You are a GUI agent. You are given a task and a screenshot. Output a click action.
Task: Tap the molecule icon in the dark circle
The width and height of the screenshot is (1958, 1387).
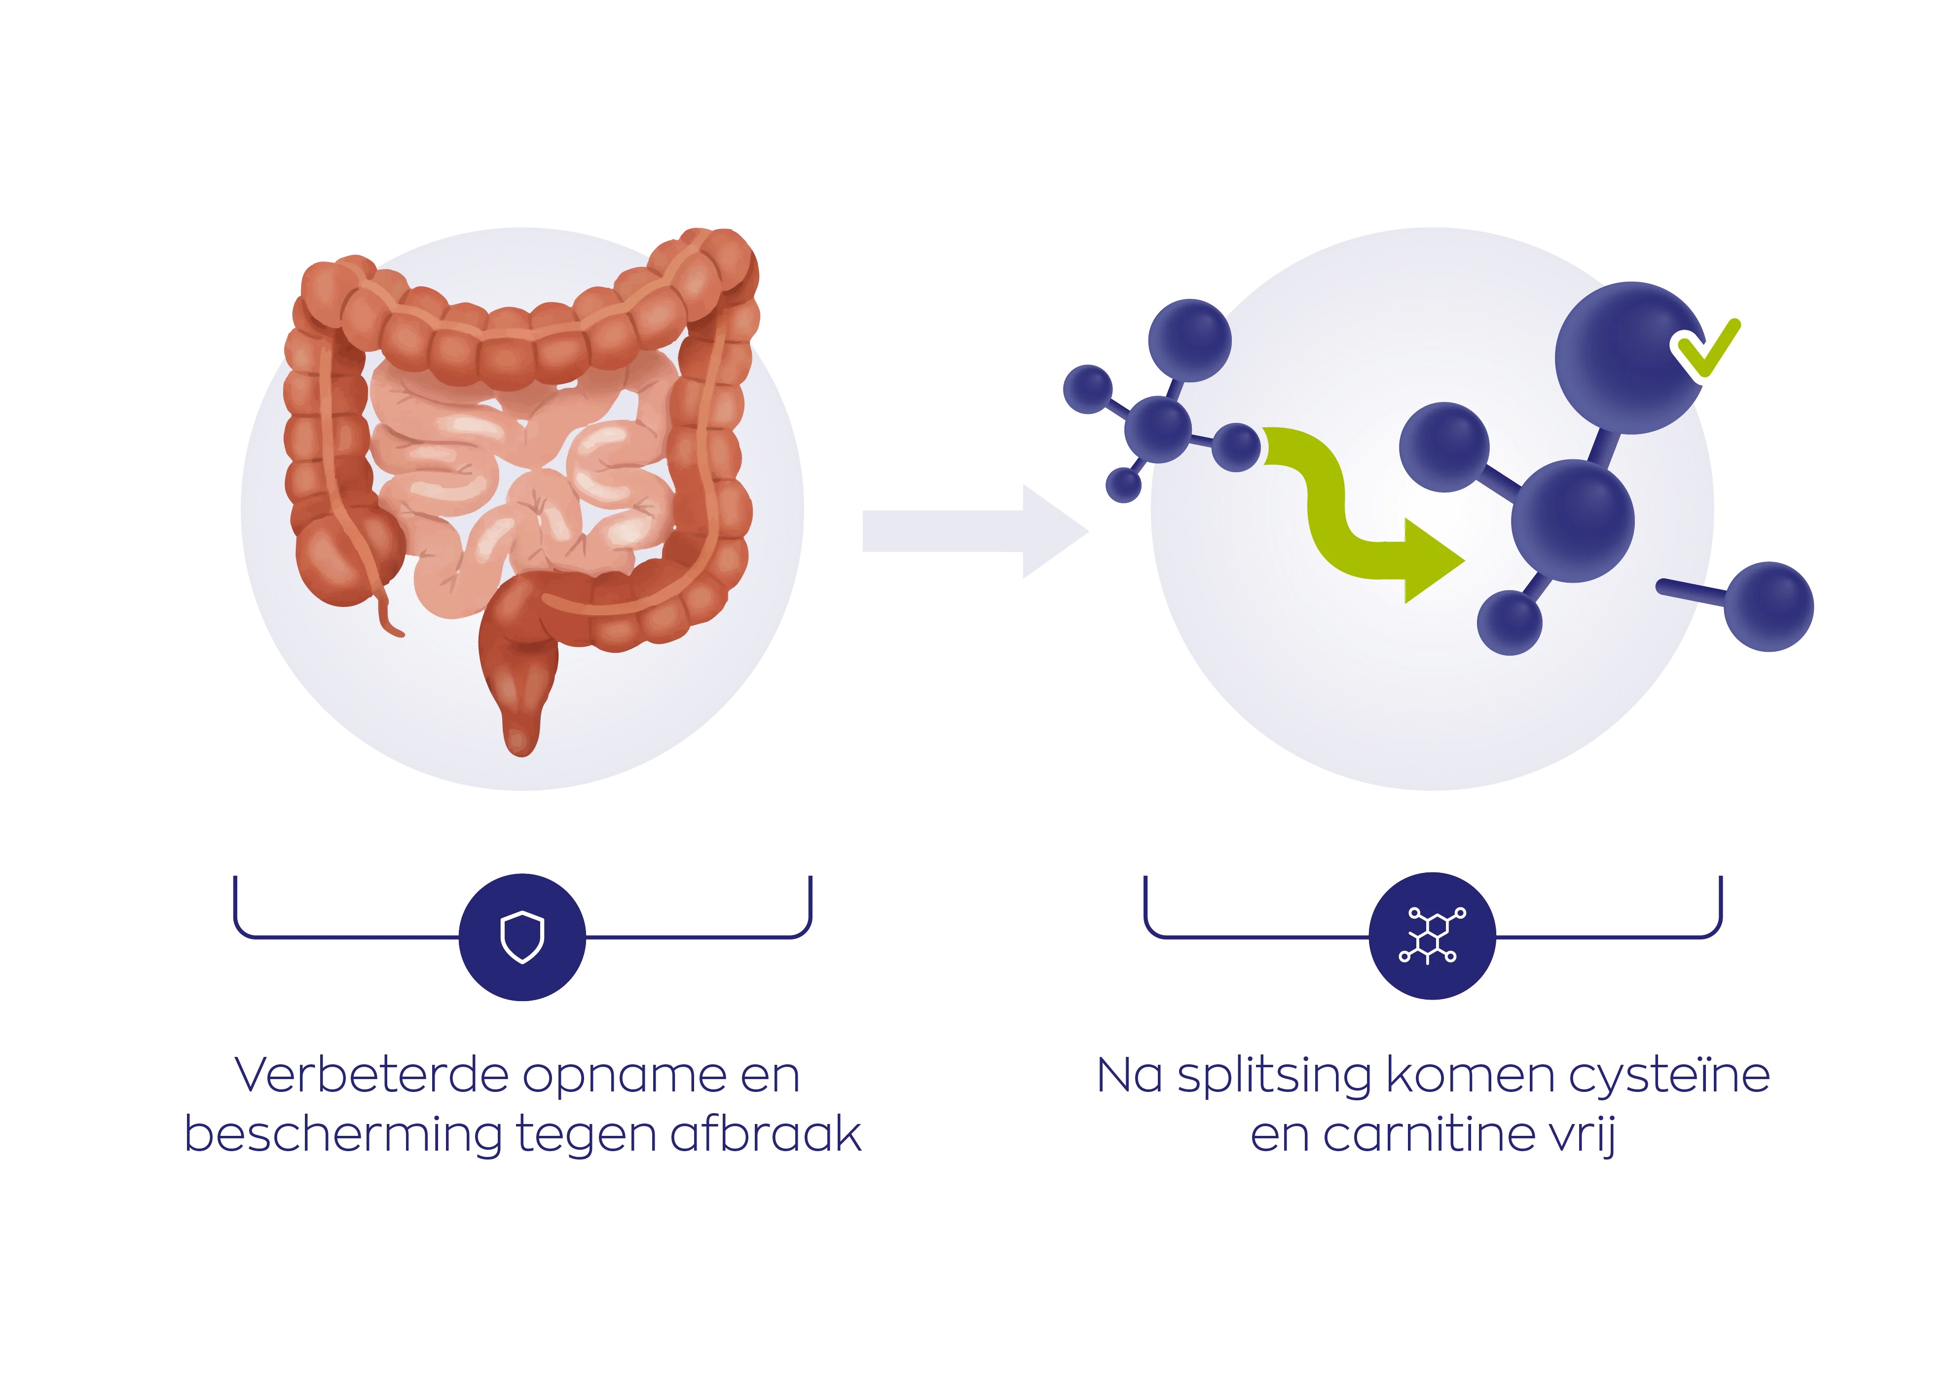[x=1432, y=936]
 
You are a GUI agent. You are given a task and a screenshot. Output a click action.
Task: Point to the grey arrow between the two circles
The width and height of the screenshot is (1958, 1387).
[x=973, y=531]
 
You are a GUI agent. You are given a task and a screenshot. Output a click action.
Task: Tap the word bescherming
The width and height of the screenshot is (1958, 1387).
[x=341, y=1136]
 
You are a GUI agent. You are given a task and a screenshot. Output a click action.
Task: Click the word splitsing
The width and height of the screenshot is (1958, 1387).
[x=1274, y=1076]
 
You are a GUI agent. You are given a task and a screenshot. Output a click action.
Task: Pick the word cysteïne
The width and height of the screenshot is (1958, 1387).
[x=1669, y=1076]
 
